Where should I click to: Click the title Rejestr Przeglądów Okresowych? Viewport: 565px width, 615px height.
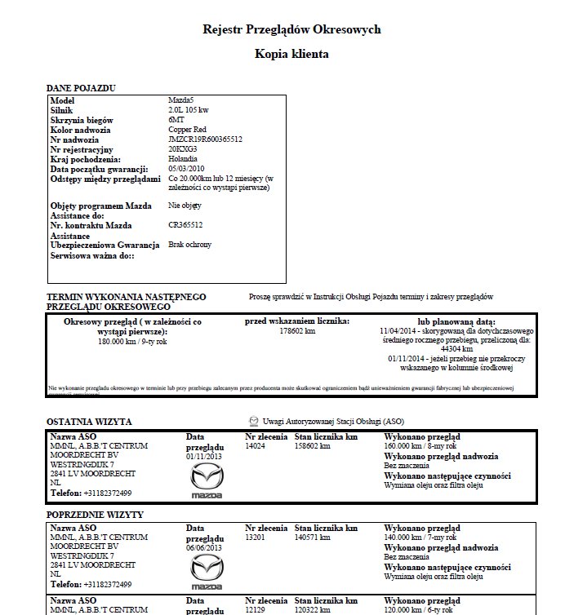click(291, 29)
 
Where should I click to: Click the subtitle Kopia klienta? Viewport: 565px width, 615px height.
click(291, 55)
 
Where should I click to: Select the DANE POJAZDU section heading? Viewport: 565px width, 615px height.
click(82, 87)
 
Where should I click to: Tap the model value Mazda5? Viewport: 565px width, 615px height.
click(181, 100)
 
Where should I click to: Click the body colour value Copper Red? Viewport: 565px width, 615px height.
click(189, 130)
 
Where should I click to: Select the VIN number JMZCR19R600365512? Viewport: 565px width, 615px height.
click(205, 139)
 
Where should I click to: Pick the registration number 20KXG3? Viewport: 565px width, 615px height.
click(182, 149)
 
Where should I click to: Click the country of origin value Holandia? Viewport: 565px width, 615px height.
click(184, 159)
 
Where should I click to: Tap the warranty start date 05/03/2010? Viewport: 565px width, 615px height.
click(187, 169)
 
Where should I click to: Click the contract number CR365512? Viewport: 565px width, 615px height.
click(186, 225)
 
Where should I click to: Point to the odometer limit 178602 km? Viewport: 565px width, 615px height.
click(297, 332)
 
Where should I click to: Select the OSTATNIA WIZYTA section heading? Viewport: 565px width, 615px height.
click(90, 422)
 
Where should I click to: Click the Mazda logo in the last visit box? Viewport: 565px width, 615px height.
click(205, 484)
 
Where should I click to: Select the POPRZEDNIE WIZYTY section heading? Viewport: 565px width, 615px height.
click(96, 515)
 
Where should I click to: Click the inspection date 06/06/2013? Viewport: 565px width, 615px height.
click(205, 549)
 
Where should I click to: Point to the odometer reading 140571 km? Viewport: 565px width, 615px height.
click(313, 538)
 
